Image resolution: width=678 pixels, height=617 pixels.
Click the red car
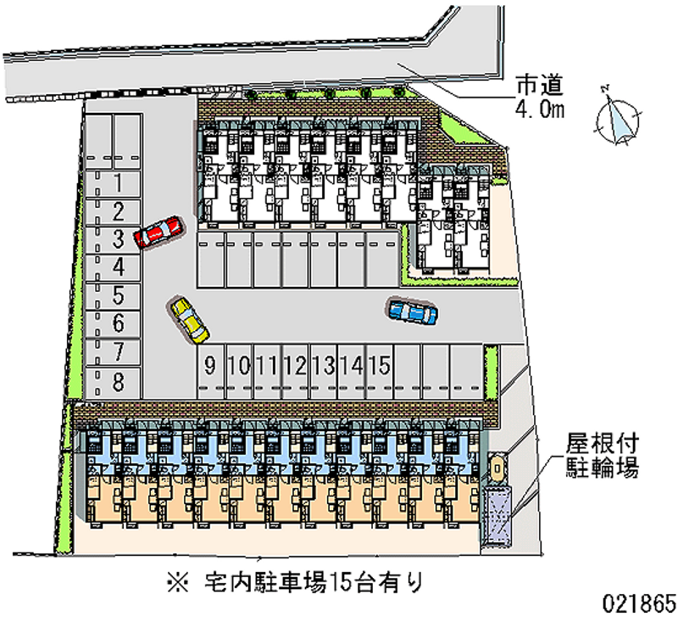click(x=158, y=232)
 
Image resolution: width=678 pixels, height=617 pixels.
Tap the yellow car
click(x=189, y=320)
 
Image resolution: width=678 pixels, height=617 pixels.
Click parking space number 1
click(x=113, y=183)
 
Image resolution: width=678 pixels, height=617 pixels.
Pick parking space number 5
click(x=113, y=296)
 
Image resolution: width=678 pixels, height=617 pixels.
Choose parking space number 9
click(x=211, y=372)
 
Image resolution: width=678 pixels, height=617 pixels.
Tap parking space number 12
click(x=295, y=372)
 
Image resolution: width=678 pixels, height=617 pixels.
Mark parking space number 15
click(x=380, y=372)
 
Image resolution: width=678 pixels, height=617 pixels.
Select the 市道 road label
click(x=540, y=85)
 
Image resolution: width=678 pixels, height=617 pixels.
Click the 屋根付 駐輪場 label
click(x=603, y=456)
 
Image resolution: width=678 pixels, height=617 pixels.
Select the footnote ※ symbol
click(x=178, y=582)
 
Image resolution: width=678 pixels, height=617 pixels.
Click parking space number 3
click(x=113, y=240)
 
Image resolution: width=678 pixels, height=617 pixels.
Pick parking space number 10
click(x=239, y=372)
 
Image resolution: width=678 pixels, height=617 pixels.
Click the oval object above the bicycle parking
click(x=497, y=468)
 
